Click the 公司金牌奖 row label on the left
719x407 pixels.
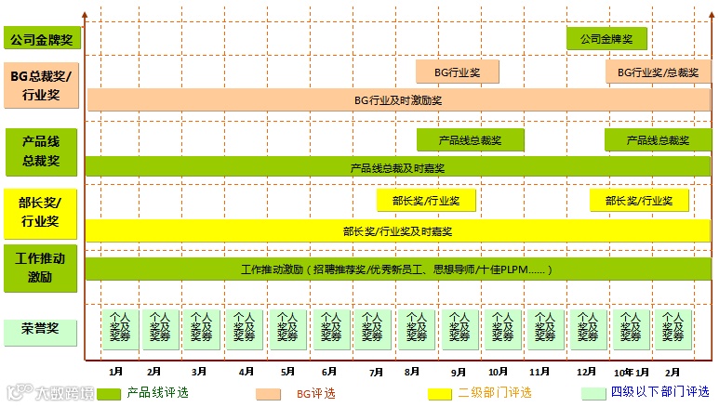click(x=42, y=39)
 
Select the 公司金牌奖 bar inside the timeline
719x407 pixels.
click(x=606, y=39)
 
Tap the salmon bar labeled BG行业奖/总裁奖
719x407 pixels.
click(x=658, y=72)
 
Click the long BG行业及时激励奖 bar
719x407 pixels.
click(x=398, y=99)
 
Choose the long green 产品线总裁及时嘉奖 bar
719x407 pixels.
click(x=397, y=167)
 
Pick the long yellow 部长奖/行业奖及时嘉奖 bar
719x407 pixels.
click(x=397, y=230)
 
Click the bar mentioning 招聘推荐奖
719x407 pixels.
click(x=397, y=269)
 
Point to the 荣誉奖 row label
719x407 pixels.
click(x=42, y=327)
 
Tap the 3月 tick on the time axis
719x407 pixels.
click(x=198, y=372)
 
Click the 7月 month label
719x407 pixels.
click(x=376, y=372)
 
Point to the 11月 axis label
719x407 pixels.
click(x=540, y=372)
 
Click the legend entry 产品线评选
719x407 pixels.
click(x=157, y=393)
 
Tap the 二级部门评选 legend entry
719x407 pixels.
click(x=495, y=393)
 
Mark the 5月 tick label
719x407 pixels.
click(x=288, y=372)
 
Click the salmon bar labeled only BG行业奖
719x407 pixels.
click(x=458, y=72)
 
